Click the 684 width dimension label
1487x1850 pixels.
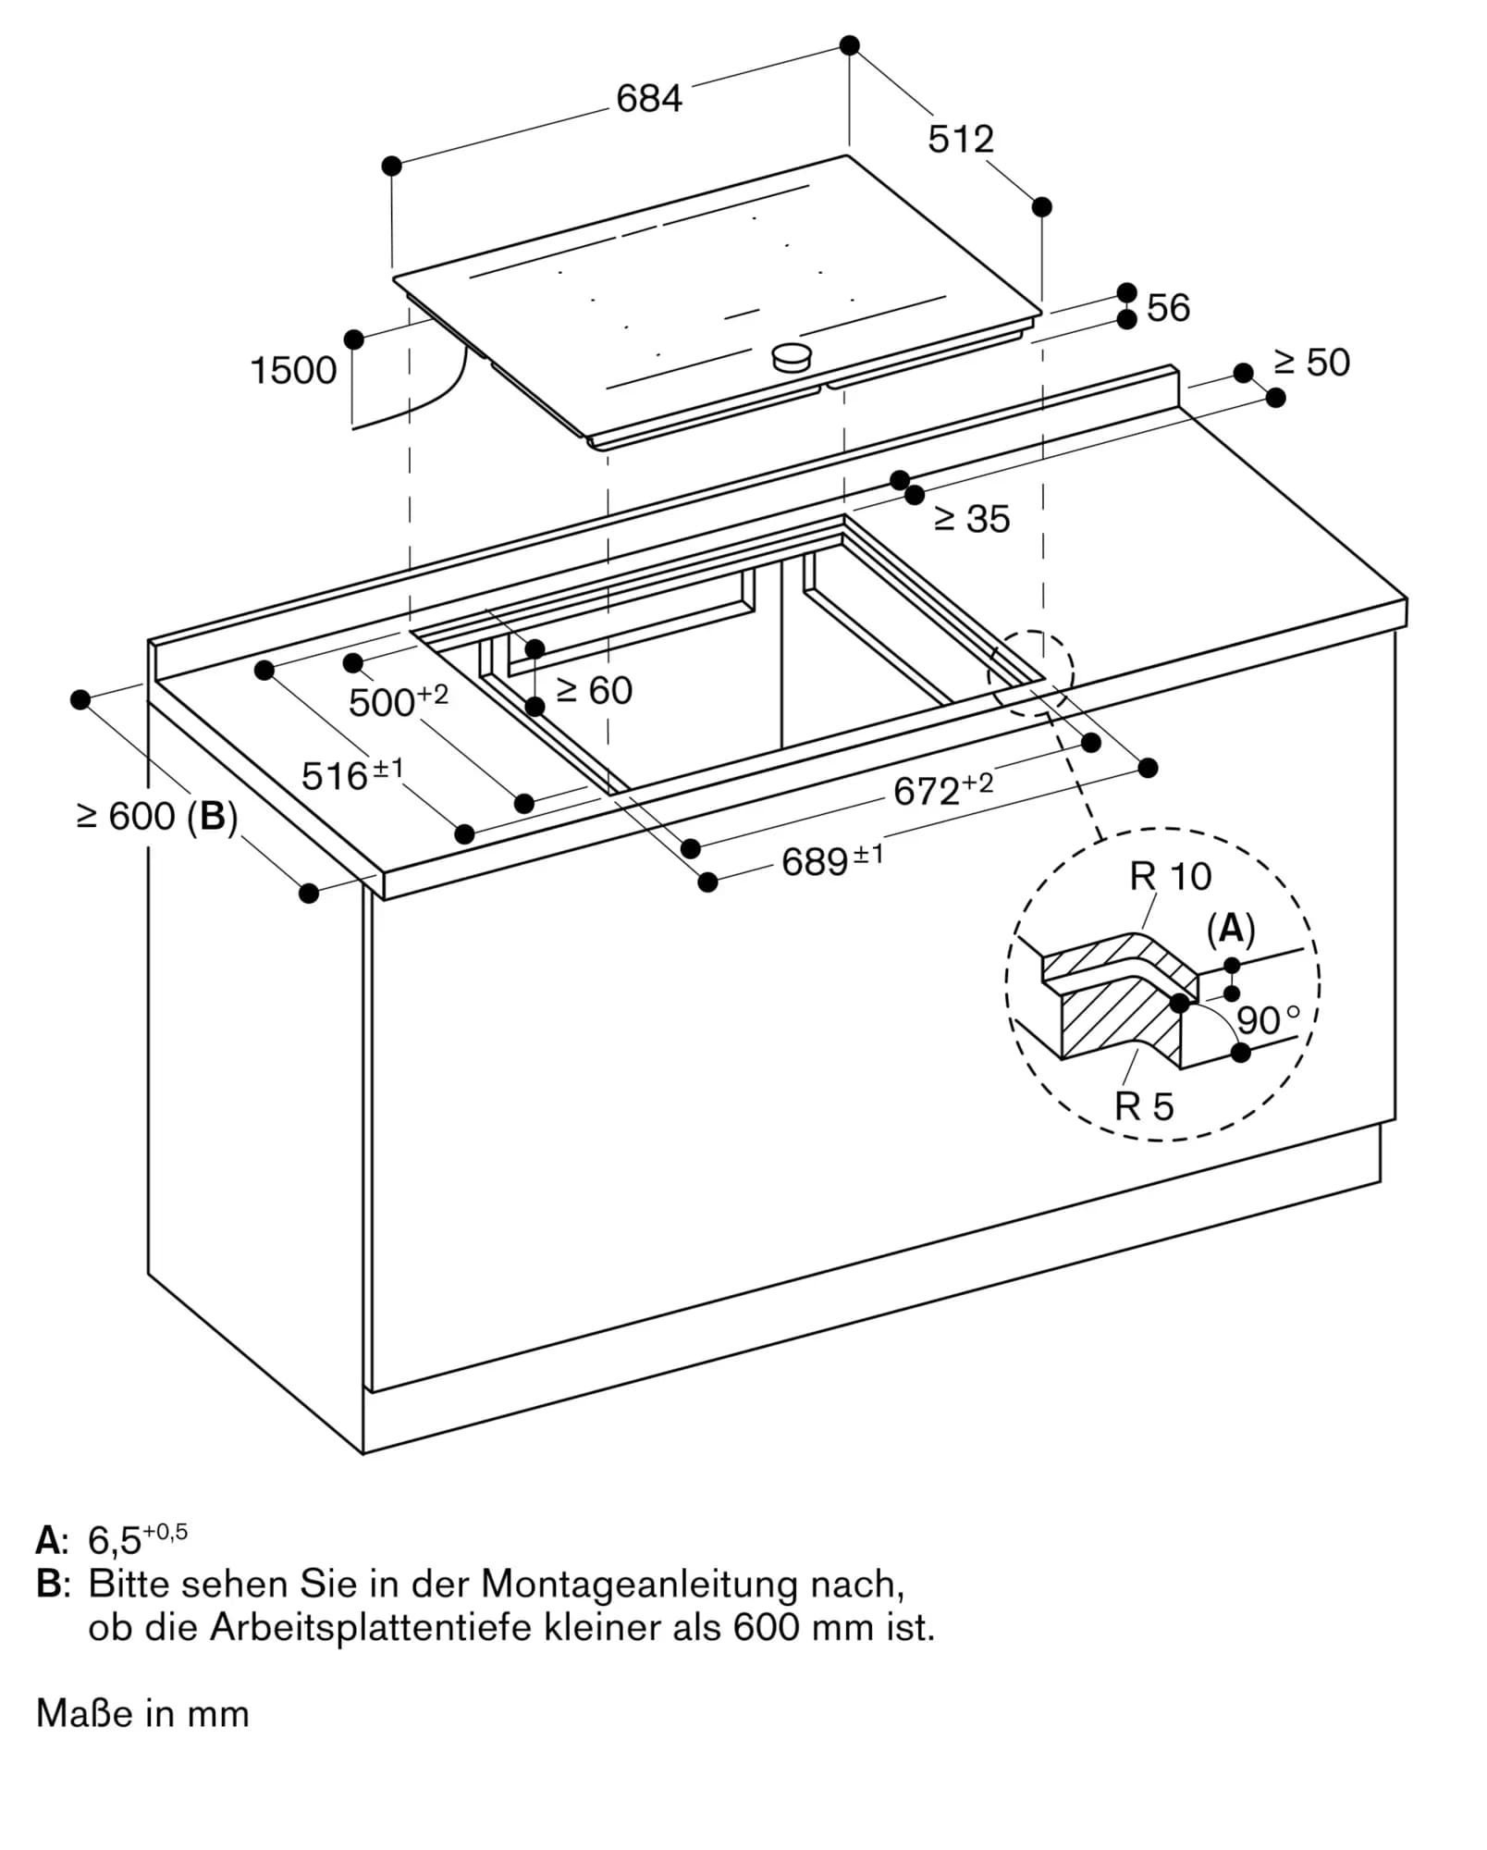(x=648, y=98)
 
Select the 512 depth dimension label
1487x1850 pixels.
(x=960, y=139)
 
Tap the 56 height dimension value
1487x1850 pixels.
(x=1168, y=308)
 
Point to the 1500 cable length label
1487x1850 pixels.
(x=293, y=371)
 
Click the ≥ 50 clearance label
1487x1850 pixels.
(x=1311, y=363)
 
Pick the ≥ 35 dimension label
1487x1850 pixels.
(x=972, y=519)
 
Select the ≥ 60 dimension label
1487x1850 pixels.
(x=595, y=691)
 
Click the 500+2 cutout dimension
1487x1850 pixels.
(x=398, y=701)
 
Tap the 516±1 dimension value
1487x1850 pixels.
(x=352, y=774)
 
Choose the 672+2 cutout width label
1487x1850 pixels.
(x=942, y=789)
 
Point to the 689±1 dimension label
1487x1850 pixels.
(x=831, y=860)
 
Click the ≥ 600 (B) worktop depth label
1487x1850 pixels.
(x=157, y=817)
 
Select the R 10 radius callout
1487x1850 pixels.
(x=1170, y=876)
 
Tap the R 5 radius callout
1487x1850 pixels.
(x=1143, y=1106)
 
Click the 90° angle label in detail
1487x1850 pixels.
(x=1267, y=1020)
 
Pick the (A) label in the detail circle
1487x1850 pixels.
(x=1231, y=928)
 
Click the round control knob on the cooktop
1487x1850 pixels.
(x=792, y=356)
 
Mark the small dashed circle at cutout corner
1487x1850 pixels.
(x=1030, y=672)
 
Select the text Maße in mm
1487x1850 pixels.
(x=142, y=1714)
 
